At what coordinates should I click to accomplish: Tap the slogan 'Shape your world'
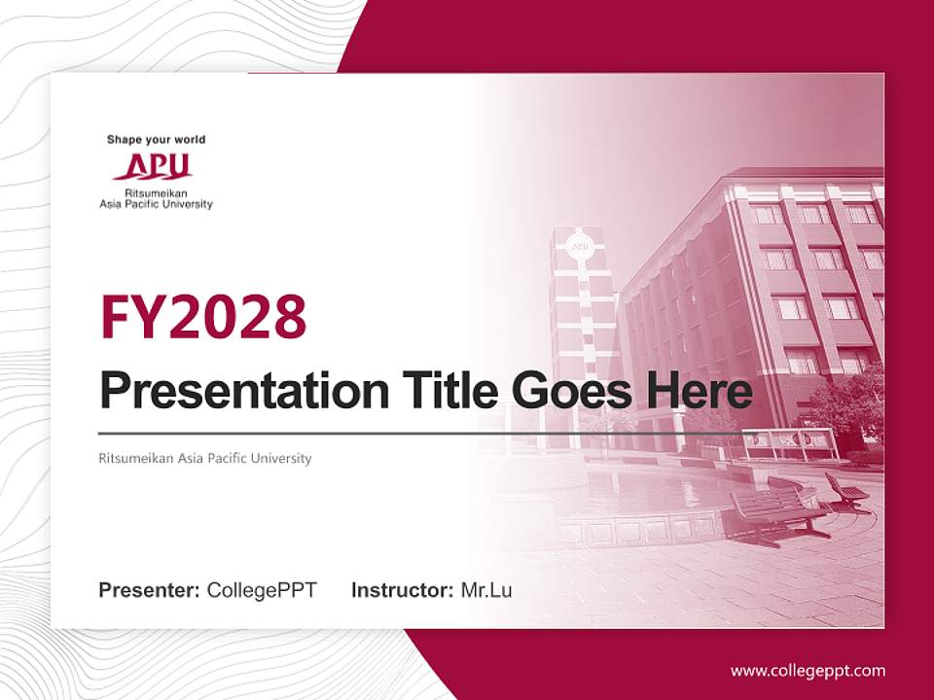pos(156,140)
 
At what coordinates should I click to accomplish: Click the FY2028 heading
pos(203,316)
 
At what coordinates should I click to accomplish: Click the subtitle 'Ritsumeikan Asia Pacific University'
pos(205,458)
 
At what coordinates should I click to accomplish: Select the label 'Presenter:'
pos(150,590)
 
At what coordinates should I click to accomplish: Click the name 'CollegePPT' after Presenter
pos(262,590)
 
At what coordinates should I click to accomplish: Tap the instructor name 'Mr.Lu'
pos(486,590)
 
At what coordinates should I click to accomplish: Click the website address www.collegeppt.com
pos(808,670)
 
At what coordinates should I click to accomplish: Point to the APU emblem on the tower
pos(581,246)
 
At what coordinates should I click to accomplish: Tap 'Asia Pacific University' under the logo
pos(156,204)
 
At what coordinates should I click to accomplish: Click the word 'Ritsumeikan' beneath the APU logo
pos(156,194)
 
